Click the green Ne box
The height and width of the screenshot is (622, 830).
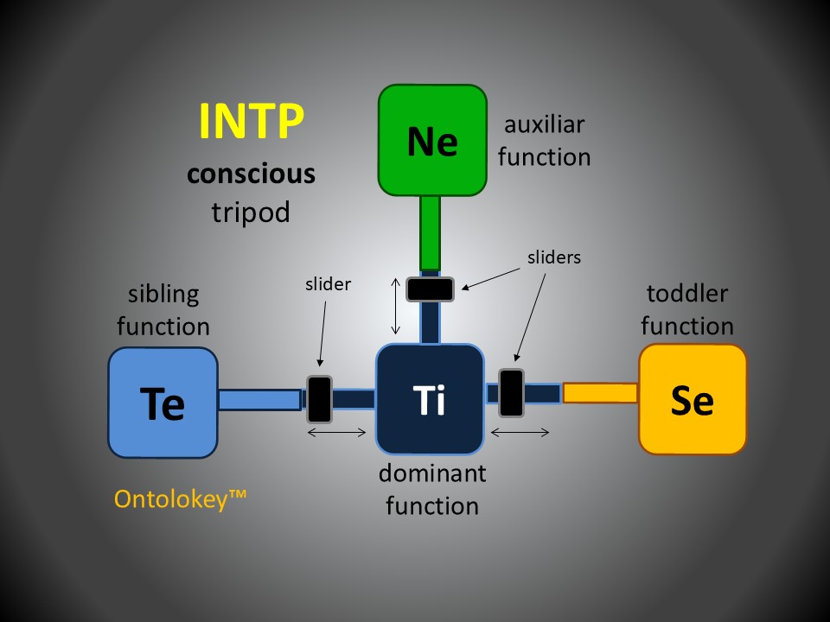tap(432, 140)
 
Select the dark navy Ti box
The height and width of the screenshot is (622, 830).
tap(430, 399)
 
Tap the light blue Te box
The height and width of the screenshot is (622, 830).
tap(163, 403)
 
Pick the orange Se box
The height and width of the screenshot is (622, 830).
tap(693, 399)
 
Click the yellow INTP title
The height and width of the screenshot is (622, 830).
tap(252, 121)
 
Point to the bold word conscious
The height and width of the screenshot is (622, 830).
tap(252, 174)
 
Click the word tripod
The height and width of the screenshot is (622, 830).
tap(251, 212)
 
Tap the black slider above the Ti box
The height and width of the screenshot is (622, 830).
tap(431, 289)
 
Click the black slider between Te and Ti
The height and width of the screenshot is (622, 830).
tap(320, 398)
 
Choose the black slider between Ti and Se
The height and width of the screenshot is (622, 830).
tap(511, 393)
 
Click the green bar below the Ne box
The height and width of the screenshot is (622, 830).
tap(430, 233)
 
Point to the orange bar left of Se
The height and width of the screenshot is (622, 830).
tap(600, 393)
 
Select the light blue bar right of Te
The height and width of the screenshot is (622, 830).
tap(259, 399)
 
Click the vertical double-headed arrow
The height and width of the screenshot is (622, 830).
tap(396, 306)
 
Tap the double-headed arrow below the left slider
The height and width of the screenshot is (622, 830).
tap(337, 432)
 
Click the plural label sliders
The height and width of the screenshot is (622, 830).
tap(554, 257)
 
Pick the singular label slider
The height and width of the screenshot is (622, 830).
tap(329, 283)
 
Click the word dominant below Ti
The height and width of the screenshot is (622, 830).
tap(432, 473)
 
